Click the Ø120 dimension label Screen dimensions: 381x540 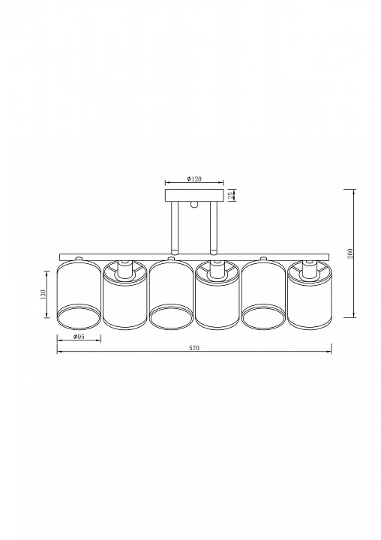(194, 178)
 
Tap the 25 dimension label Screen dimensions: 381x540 (230, 195)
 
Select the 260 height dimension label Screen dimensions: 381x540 (351, 253)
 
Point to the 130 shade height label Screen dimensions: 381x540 (43, 295)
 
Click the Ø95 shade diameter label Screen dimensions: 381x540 (79, 337)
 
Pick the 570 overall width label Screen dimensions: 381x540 (194, 348)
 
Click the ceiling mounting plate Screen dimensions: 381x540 (194, 195)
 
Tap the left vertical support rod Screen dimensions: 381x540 (175, 227)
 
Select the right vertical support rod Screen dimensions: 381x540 (214, 227)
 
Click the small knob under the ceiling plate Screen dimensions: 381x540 (194, 204)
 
